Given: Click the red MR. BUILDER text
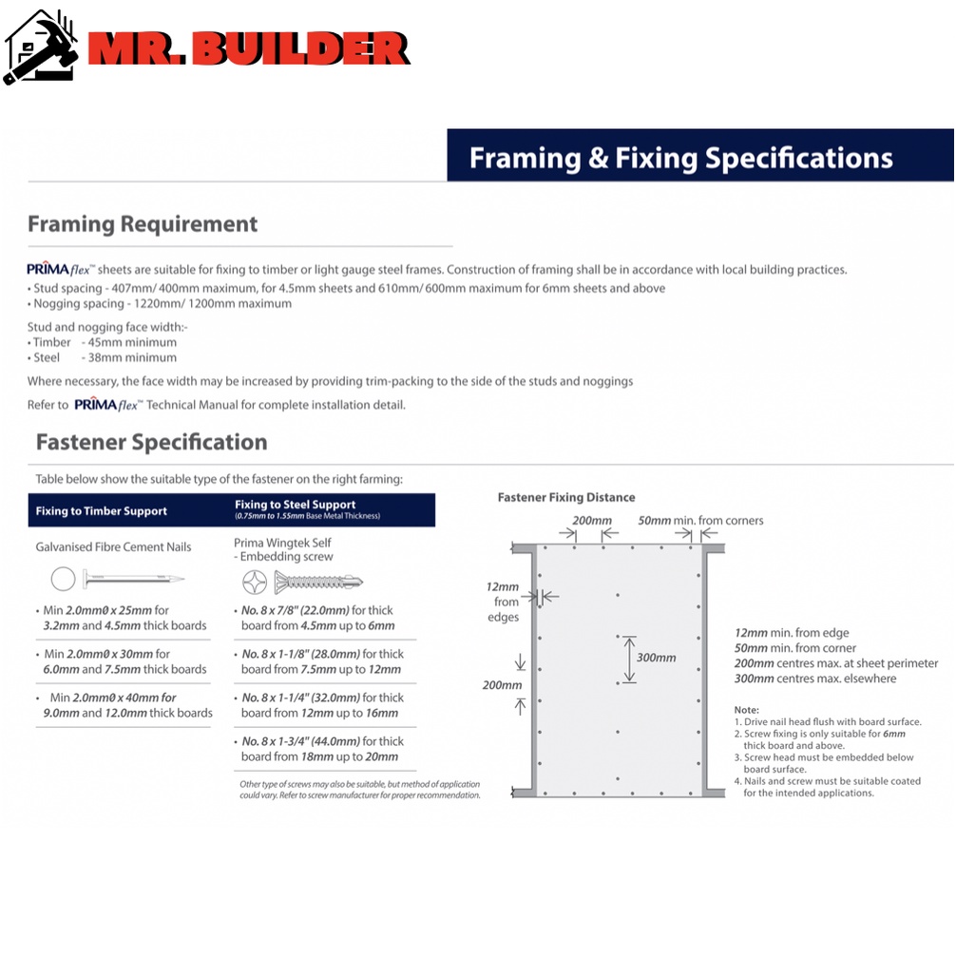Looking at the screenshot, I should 249,49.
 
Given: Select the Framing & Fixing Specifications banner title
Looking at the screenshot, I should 680,157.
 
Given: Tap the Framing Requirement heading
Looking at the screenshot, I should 143,224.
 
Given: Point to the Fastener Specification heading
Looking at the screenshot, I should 152,442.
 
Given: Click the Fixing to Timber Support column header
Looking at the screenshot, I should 102,511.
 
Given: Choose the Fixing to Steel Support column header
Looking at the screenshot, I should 296,506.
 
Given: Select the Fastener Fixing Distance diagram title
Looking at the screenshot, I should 566,497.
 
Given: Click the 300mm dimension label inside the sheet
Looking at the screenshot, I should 657,658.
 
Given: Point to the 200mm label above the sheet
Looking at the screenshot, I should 591,521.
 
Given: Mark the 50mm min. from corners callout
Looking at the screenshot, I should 700,521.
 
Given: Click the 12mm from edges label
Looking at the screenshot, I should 504,602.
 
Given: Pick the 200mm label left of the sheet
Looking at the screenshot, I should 501,685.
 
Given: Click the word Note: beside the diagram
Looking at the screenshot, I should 747,710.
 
